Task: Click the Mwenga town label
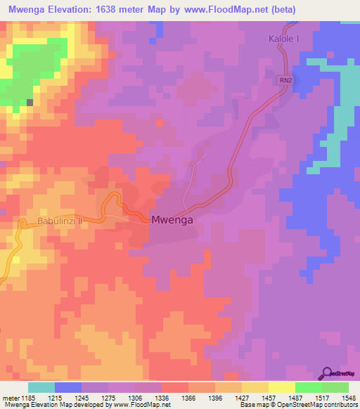pyautogui.click(x=172, y=220)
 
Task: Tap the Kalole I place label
pyautogui.click(x=283, y=39)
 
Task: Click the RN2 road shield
pyautogui.click(x=284, y=79)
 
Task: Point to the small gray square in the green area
pyautogui.click(x=30, y=103)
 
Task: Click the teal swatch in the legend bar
pyautogui.click(x=41, y=387)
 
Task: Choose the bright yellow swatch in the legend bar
pyautogui.click(x=281, y=387)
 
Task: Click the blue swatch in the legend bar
pyautogui.click(x=67, y=387)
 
